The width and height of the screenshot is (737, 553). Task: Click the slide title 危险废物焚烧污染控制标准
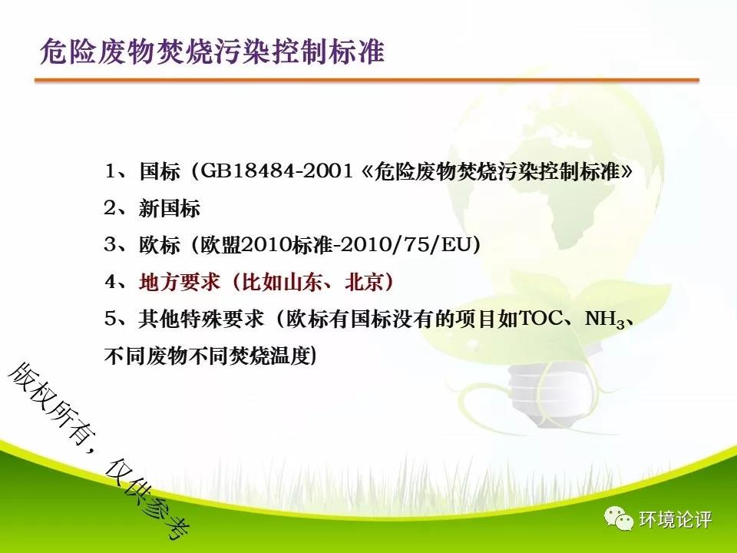pyautogui.click(x=212, y=51)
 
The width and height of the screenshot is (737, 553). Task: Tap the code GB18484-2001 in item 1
pyautogui.click(x=277, y=171)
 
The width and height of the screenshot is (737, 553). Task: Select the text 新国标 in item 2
pyautogui.click(x=169, y=208)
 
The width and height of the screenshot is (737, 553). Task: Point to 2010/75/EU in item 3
pyautogui.click(x=405, y=244)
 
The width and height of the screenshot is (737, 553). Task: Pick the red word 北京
pyautogui.click(x=364, y=282)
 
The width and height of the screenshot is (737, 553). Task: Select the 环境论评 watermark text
pyautogui.click(x=675, y=520)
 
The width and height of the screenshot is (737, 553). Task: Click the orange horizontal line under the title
pyautogui.click(x=367, y=81)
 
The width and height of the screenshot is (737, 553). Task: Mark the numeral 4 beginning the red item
pyautogui.click(x=111, y=282)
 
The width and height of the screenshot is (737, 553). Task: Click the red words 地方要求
pyautogui.click(x=180, y=282)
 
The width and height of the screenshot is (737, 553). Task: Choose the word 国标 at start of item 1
pyautogui.click(x=160, y=171)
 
